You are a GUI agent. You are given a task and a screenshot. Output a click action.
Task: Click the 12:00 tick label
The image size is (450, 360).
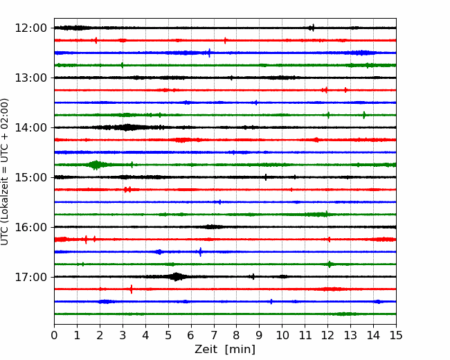pyautogui.click(x=30, y=28)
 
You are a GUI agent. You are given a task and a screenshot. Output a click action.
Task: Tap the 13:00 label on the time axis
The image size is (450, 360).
pyautogui.click(x=30, y=78)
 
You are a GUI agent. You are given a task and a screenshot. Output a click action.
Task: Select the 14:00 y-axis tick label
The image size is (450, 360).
pyautogui.click(x=30, y=127)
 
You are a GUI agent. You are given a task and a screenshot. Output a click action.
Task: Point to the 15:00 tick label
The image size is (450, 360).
pyautogui.click(x=30, y=177)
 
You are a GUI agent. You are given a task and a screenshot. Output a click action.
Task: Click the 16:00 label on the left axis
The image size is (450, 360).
pyautogui.click(x=30, y=227)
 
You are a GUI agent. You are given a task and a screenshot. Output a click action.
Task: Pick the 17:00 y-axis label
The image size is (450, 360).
pyautogui.click(x=30, y=277)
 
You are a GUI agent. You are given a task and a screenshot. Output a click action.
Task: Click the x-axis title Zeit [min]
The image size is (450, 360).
pyautogui.click(x=225, y=350)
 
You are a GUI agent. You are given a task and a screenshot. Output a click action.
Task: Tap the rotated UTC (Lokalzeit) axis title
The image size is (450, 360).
pyautogui.click(x=5, y=172)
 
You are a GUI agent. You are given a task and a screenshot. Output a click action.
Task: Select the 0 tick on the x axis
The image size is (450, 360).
pyautogui.click(x=54, y=335)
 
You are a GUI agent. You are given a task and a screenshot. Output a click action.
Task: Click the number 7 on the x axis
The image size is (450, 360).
pyautogui.click(x=213, y=335)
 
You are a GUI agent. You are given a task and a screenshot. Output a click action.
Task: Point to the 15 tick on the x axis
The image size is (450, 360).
pyautogui.click(x=396, y=335)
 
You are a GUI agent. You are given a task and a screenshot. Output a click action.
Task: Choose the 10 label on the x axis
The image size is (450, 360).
pyautogui.click(x=282, y=335)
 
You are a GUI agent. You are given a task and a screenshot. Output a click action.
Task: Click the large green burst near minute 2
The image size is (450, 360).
pyautogui.click(x=96, y=165)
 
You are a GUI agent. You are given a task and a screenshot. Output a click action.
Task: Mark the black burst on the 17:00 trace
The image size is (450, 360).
pyautogui.click(x=176, y=277)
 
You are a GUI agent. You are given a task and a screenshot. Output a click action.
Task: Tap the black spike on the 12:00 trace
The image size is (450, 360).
pyautogui.click(x=313, y=28)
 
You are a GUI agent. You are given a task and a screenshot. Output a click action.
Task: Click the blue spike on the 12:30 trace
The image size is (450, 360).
pyautogui.click(x=209, y=53)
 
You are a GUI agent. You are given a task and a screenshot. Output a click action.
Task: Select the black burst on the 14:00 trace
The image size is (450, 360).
pyautogui.click(x=126, y=127)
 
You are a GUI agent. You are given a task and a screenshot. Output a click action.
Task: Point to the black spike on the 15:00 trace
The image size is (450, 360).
pyautogui.click(x=266, y=177)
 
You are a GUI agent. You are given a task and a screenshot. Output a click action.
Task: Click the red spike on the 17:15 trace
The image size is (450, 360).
pyautogui.click(x=132, y=289)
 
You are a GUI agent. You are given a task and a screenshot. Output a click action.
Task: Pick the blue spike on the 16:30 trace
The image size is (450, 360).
pyautogui.click(x=201, y=252)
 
